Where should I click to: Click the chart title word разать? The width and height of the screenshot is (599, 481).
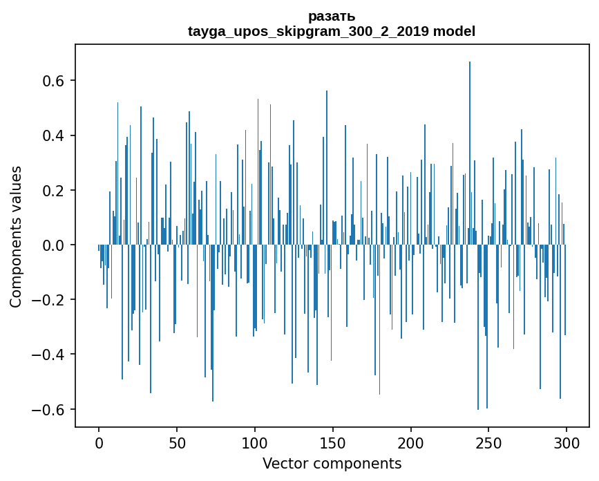coord(332,16)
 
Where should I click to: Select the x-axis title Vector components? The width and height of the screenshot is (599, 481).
coord(332,463)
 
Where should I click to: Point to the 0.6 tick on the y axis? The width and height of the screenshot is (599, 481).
coord(55,81)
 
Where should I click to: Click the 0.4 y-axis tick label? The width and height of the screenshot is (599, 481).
coord(55,135)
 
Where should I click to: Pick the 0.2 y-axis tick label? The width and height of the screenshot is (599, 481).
coord(55,190)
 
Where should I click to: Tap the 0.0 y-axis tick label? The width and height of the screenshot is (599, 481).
coord(55,245)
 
